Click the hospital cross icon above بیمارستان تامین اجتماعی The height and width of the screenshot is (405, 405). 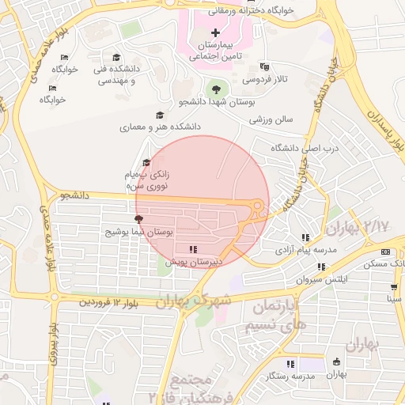pyautogui.click(x=215, y=33)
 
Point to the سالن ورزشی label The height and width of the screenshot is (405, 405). pyautogui.click(x=271, y=119)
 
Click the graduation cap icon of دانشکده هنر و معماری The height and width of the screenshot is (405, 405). pyautogui.click(x=161, y=115)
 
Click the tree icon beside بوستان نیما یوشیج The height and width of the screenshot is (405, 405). pyautogui.click(x=139, y=219)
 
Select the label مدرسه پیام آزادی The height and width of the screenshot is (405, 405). pyautogui.click(x=305, y=250)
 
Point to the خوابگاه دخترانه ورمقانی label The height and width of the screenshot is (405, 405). pyautogui.click(x=254, y=10)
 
